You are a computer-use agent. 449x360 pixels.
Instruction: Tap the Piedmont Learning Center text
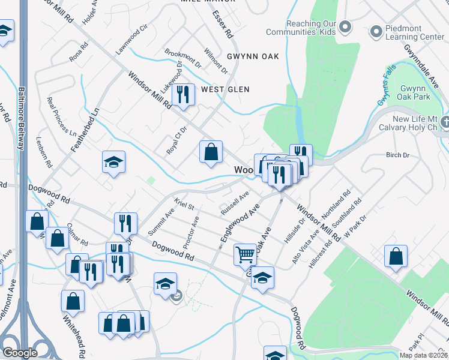pos(415,32)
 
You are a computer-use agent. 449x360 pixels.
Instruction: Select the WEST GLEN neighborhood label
pos(225,89)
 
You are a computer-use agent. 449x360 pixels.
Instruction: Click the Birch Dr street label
pos(397,155)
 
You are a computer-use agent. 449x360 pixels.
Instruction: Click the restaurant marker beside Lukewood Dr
pos(184,94)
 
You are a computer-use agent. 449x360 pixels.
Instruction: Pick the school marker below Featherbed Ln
pos(113,162)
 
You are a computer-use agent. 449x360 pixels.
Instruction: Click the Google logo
pos(20,352)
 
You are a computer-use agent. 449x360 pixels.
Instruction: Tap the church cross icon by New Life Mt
pos(444,123)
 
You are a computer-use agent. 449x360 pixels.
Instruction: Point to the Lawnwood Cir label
pos(132,40)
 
